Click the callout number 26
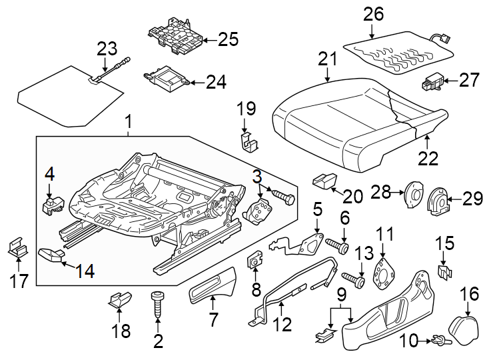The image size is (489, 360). point(374,13)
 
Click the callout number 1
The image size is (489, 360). point(128,123)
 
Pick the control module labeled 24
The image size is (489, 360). point(167,81)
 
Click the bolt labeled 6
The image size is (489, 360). point(339,246)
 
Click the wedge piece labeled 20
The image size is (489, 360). point(325,180)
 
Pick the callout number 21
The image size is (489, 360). point(327,59)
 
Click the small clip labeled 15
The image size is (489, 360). point(444,271)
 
